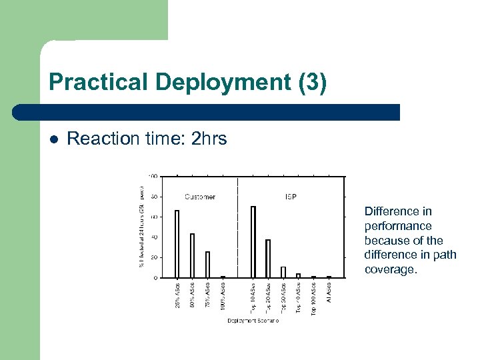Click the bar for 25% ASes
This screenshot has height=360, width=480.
pos(177,244)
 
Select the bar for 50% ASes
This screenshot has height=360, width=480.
pos(192,255)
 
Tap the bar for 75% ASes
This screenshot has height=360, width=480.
pos(207,265)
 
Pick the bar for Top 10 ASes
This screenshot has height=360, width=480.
pos(253,242)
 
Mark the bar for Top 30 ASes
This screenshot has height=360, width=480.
pos(283,272)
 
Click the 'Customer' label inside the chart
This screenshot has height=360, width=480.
pos(200,197)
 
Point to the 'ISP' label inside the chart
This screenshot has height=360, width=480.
pos(290,197)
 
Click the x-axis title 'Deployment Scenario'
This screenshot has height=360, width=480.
pos(253,321)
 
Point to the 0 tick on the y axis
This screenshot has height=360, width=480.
pos(155,277)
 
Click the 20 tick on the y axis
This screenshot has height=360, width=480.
pos(154,257)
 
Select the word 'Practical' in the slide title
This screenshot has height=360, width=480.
pos(99,83)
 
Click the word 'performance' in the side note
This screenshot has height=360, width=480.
pos(397,226)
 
